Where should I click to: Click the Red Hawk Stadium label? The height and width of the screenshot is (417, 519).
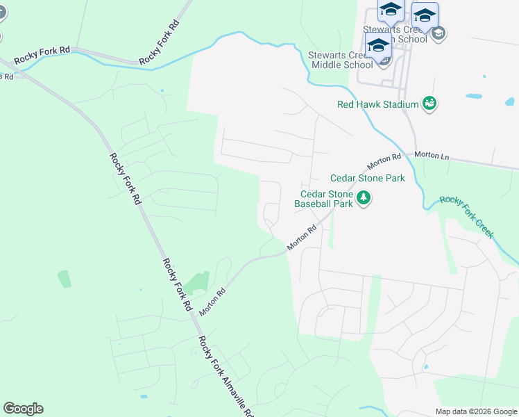click(x=377, y=104)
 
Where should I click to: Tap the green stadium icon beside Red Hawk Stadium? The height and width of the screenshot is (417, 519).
click(x=430, y=104)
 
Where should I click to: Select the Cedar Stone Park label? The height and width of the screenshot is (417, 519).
click(x=367, y=179)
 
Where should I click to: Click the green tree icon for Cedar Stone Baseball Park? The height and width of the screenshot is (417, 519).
click(x=363, y=199)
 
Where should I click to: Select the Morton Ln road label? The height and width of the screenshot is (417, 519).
click(x=432, y=156)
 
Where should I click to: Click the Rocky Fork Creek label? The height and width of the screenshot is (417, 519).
click(x=466, y=216)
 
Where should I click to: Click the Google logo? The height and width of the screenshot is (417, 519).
click(x=23, y=409)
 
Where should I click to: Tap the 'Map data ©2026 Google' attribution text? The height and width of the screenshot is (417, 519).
click(x=476, y=411)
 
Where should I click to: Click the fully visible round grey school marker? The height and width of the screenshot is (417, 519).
click(x=438, y=33)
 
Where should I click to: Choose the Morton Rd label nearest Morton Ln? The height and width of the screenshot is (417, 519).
click(x=384, y=161)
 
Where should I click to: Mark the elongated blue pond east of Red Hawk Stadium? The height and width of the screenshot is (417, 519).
click(x=474, y=96)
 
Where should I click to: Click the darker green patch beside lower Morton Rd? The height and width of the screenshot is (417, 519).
click(x=196, y=281)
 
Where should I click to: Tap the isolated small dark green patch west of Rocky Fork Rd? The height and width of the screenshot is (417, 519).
click(x=64, y=278)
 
